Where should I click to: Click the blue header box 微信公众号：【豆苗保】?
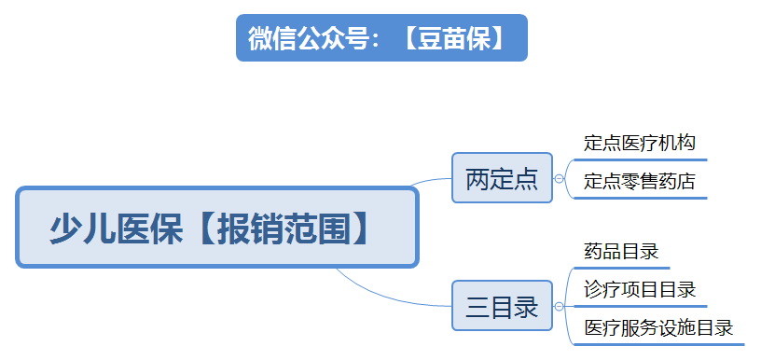pyautogui.click(x=381, y=38)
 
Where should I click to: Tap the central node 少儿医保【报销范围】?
pyautogui.click(x=217, y=228)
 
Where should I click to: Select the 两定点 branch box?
pyautogui.click(x=502, y=177)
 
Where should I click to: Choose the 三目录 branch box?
pyautogui.click(x=502, y=306)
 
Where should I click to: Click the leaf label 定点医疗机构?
pyautogui.click(x=640, y=144)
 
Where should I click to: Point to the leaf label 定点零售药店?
pyautogui.click(x=640, y=181)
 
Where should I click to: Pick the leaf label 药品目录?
pyautogui.click(x=621, y=252)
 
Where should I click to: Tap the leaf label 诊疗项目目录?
pyautogui.click(x=640, y=289)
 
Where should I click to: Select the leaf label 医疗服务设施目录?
pyautogui.click(x=658, y=327)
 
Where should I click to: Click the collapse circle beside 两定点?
pyautogui.click(x=559, y=177)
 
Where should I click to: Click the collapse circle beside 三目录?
pyautogui.click(x=559, y=306)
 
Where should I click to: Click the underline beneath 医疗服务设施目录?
pyautogui.click(x=658, y=344)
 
